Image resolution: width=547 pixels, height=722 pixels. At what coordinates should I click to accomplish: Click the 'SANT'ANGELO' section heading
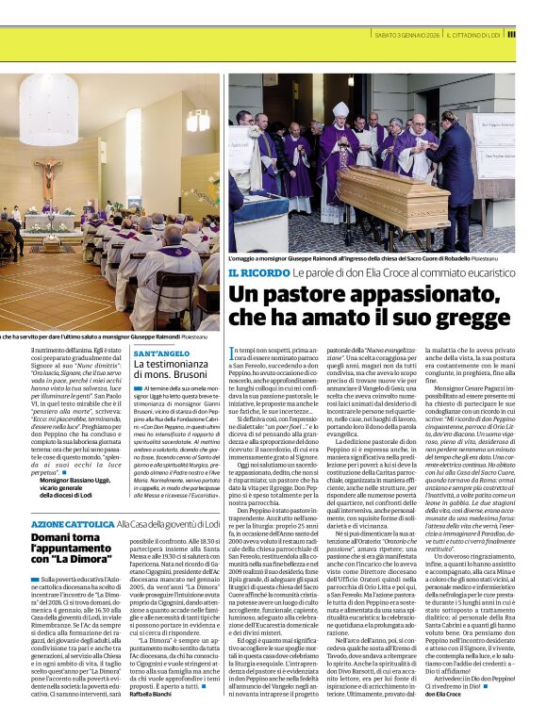click(x=162, y=353)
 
